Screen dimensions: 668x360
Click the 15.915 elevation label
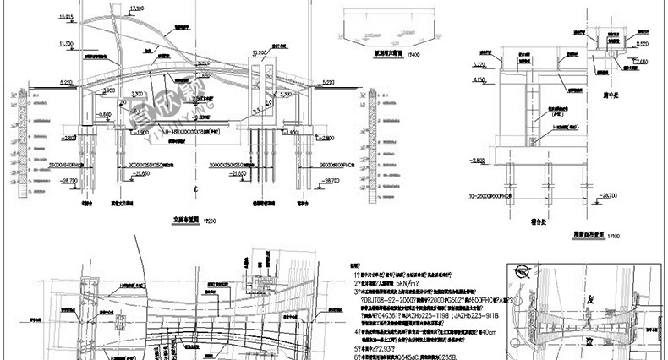63,17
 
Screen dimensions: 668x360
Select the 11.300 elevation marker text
64,42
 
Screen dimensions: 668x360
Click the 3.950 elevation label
109,89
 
